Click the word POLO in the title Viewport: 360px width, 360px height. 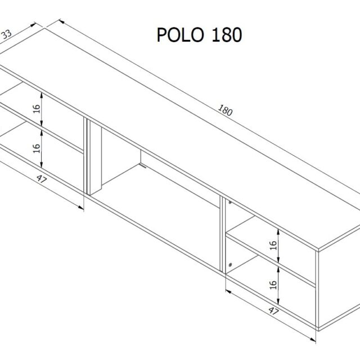click(181, 35)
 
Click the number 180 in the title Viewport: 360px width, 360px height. click(226, 35)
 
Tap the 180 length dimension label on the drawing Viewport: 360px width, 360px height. click(225, 110)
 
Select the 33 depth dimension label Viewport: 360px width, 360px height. click(6, 34)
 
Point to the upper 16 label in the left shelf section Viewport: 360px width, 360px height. click(37, 109)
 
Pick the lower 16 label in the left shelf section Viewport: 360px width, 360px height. click(37, 148)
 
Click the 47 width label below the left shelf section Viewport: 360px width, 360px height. click(42, 179)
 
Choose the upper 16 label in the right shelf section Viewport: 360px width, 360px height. click(273, 245)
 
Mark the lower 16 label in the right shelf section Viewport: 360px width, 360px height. click(273, 285)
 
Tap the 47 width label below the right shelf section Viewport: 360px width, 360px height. click(273, 311)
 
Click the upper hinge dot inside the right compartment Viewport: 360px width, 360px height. click(229, 202)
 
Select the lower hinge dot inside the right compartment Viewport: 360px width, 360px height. click(230, 264)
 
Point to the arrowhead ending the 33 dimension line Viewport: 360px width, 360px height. click(34, 24)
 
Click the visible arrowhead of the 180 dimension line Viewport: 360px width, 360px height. click(61, 21)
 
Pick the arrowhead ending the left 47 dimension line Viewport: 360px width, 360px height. click(81, 208)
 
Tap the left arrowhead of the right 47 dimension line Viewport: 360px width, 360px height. click(228, 291)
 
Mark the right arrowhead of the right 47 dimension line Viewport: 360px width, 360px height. click(313, 339)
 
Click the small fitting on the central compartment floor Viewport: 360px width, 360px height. click(143, 165)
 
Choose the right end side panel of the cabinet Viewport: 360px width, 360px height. click(339, 287)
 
